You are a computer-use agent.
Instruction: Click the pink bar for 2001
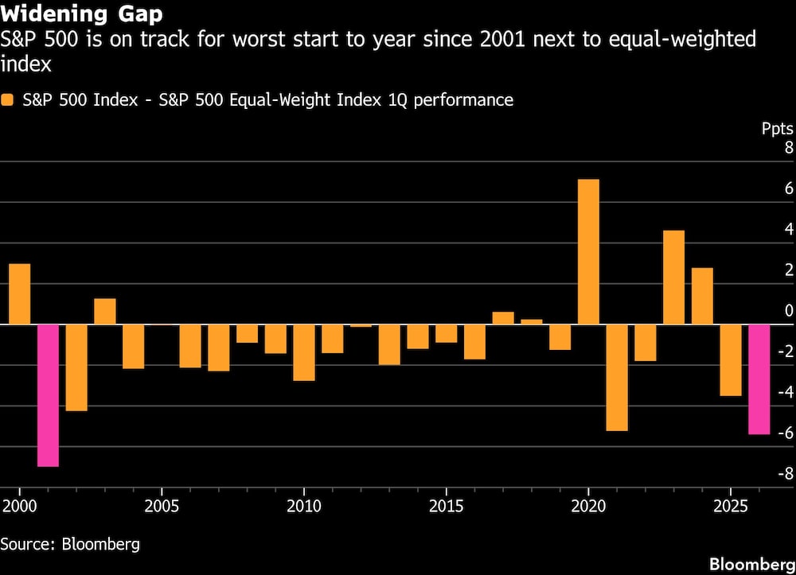click(x=49, y=395)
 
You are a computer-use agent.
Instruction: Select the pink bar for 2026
click(x=759, y=379)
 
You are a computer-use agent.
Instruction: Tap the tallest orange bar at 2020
click(x=588, y=252)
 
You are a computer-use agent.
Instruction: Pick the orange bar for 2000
click(x=20, y=294)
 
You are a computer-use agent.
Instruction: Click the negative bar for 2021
click(x=617, y=377)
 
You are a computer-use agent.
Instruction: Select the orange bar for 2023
click(x=673, y=278)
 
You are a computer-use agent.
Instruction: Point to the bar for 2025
click(x=731, y=359)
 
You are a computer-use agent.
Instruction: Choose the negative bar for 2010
click(x=304, y=352)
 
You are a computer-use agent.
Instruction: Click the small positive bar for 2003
click(x=105, y=312)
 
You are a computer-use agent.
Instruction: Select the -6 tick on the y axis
click(x=785, y=433)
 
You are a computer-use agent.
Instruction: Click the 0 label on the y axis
click(x=789, y=311)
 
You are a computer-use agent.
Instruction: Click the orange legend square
click(x=8, y=100)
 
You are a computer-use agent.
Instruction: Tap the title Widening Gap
click(x=82, y=14)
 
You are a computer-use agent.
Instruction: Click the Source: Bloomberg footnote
click(x=70, y=544)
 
